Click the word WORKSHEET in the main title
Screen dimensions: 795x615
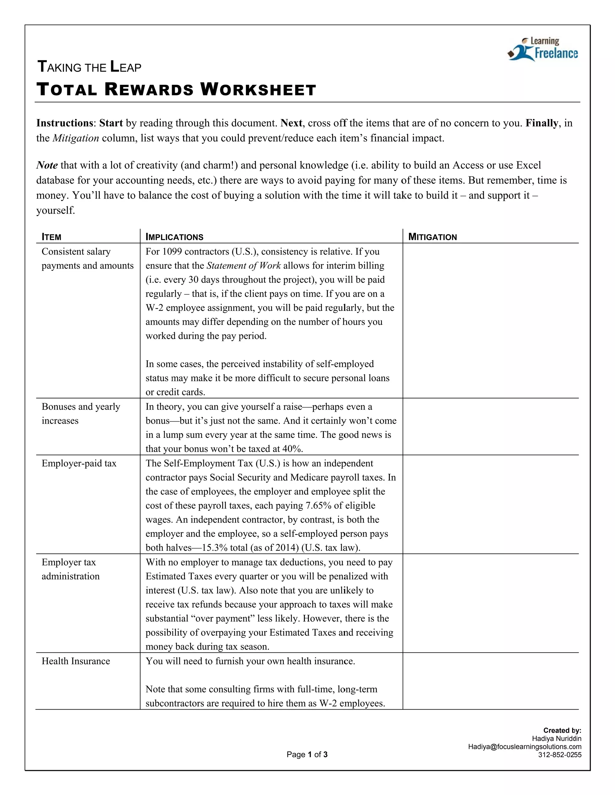(x=258, y=89)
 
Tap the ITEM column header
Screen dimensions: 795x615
(x=51, y=237)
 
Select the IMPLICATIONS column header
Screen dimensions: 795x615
(x=174, y=237)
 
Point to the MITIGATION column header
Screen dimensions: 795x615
(x=432, y=237)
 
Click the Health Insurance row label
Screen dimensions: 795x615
(x=76, y=661)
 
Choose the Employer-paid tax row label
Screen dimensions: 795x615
(x=79, y=463)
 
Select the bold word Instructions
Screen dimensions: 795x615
(x=65, y=123)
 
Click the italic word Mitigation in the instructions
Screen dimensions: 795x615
(x=76, y=138)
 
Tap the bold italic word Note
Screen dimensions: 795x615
(x=47, y=165)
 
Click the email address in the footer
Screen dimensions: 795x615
(x=524, y=747)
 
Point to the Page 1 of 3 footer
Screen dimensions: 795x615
(x=307, y=754)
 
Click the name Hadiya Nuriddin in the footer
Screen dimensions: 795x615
(x=556, y=739)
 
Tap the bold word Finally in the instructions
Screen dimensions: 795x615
(x=541, y=123)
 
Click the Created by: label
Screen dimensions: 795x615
(x=562, y=730)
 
